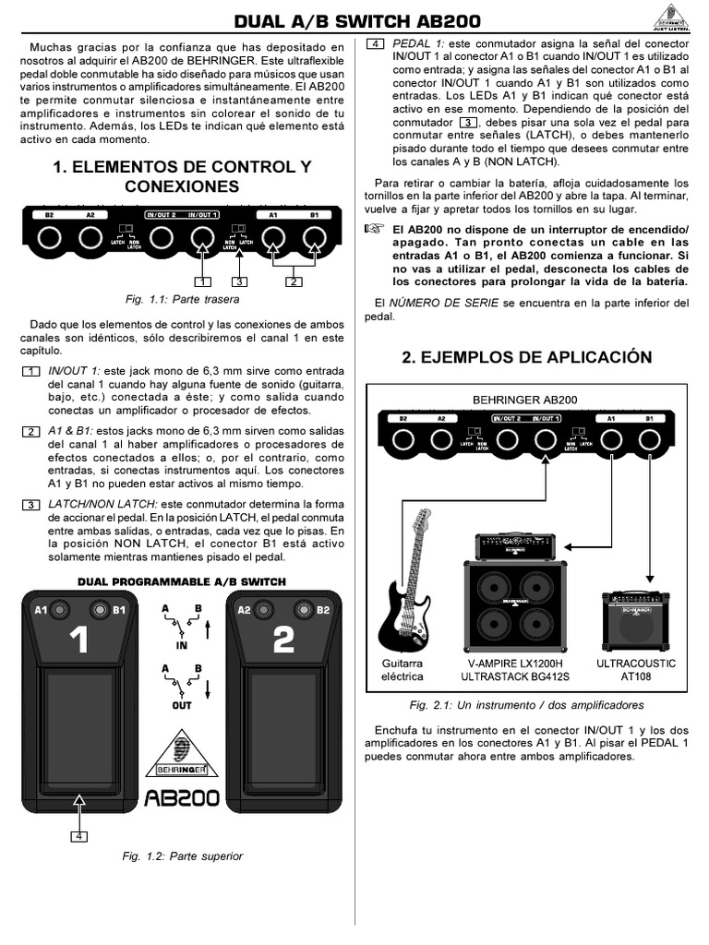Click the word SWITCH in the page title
367,20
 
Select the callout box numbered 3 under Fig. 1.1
240,281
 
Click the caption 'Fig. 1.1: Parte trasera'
182,300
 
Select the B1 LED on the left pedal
99,610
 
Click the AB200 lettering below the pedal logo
182,796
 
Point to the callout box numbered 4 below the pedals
80,836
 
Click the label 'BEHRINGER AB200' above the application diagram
525,400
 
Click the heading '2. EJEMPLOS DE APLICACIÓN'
527,358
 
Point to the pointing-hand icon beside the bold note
373,229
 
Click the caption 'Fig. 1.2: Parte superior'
182,856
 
